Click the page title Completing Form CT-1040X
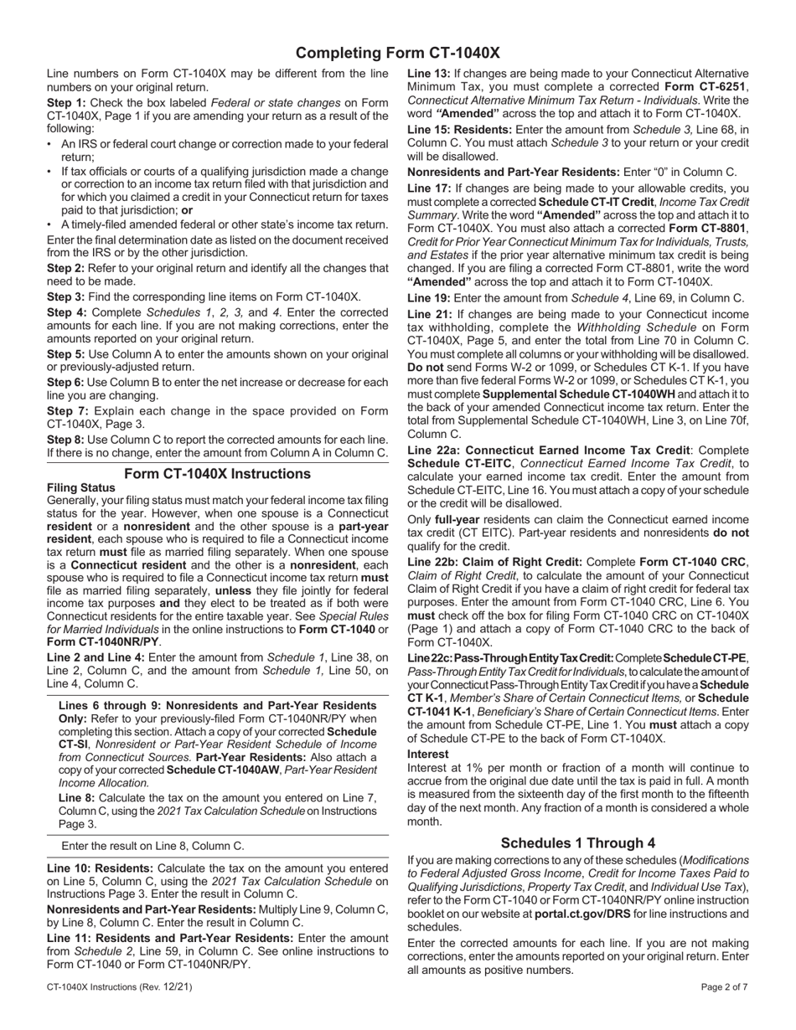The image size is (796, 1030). pos(398,53)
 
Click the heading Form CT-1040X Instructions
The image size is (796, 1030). pos(217,474)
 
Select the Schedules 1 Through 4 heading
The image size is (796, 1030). pos(578,843)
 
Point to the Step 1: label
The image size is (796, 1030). pos(66,103)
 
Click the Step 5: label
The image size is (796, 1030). pos(66,354)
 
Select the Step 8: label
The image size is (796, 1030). pos(66,440)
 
